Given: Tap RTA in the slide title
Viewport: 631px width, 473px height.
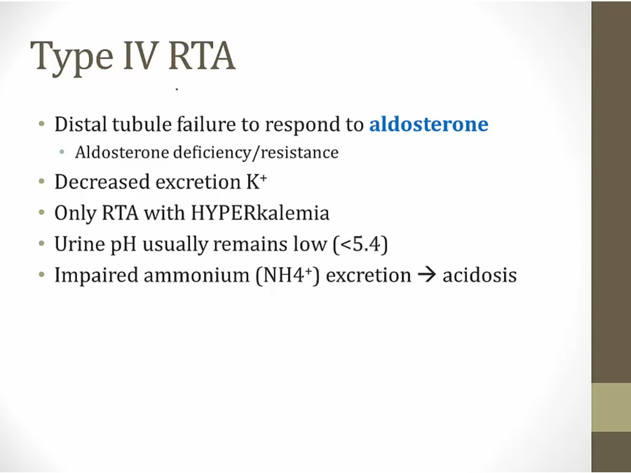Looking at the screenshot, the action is [201, 55].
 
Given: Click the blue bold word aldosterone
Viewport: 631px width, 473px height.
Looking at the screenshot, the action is [429, 124].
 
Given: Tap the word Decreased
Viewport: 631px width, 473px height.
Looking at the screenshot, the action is [102, 181].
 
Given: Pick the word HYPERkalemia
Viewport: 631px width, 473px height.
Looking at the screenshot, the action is [260, 213].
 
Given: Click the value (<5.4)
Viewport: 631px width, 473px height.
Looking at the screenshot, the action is [360, 244].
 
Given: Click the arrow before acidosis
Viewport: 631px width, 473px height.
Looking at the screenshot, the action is [427, 275].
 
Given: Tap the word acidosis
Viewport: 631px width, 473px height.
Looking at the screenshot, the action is [480, 275].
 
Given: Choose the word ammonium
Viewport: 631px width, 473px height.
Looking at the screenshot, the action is [196, 275].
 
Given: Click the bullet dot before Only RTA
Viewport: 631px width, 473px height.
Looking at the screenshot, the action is [42, 212].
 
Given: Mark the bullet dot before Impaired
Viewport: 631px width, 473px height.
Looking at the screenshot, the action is [42, 275].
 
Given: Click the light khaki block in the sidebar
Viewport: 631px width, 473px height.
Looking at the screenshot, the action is [611, 407].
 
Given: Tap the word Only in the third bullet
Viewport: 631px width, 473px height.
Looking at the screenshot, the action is [75, 213].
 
